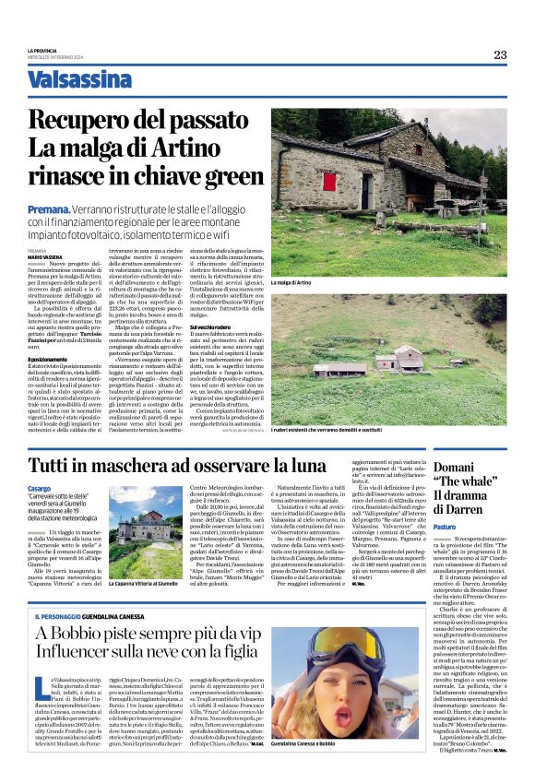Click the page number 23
[499, 54]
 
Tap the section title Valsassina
[79, 79]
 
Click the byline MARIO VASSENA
[47, 256]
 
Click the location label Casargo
[40, 488]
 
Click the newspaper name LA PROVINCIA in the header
[42, 50]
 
